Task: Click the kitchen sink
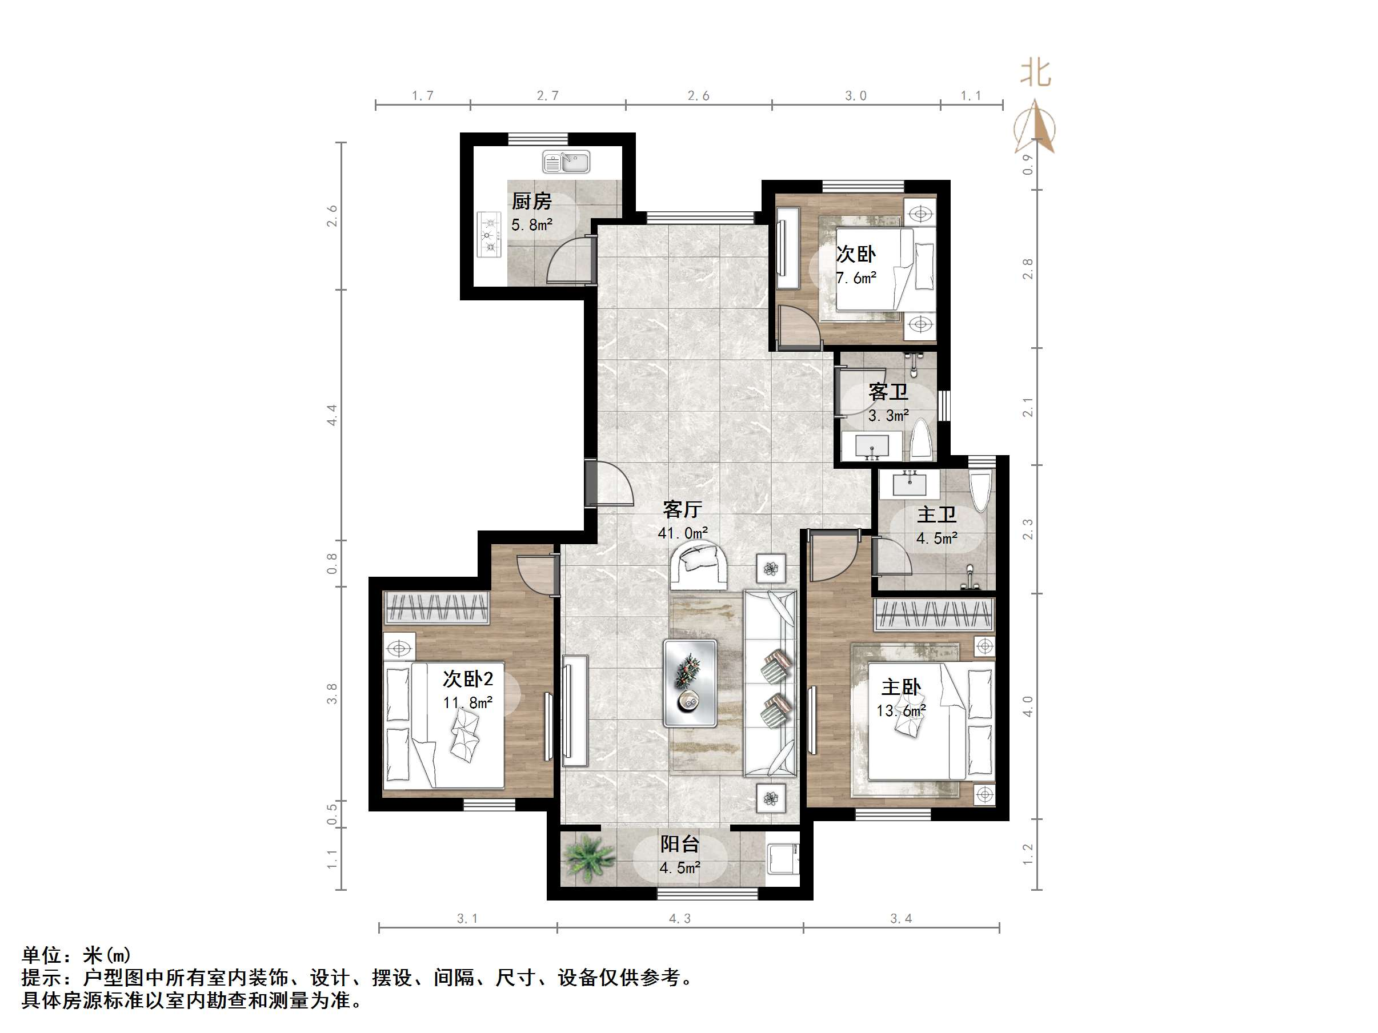[x=566, y=162]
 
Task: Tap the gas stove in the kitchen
[x=489, y=235]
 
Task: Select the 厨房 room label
[x=531, y=201]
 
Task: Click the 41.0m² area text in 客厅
[x=683, y=533]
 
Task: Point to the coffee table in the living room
[x=690, y=683]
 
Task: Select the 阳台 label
[x=680, y=845]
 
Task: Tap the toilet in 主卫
[x=980, y=492]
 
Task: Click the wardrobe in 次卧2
[x=436, y=608]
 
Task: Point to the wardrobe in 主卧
[x=934, y=614]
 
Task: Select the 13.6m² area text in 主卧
[x=901, y=710]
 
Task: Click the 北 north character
[x=1035, y=73]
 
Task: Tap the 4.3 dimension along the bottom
[x=680, y=918]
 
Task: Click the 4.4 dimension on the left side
[x=332, y=415]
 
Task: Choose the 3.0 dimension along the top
[x=855, y=95]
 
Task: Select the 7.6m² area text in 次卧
[x=856, y=278]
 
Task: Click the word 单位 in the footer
[x=42, y=955]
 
